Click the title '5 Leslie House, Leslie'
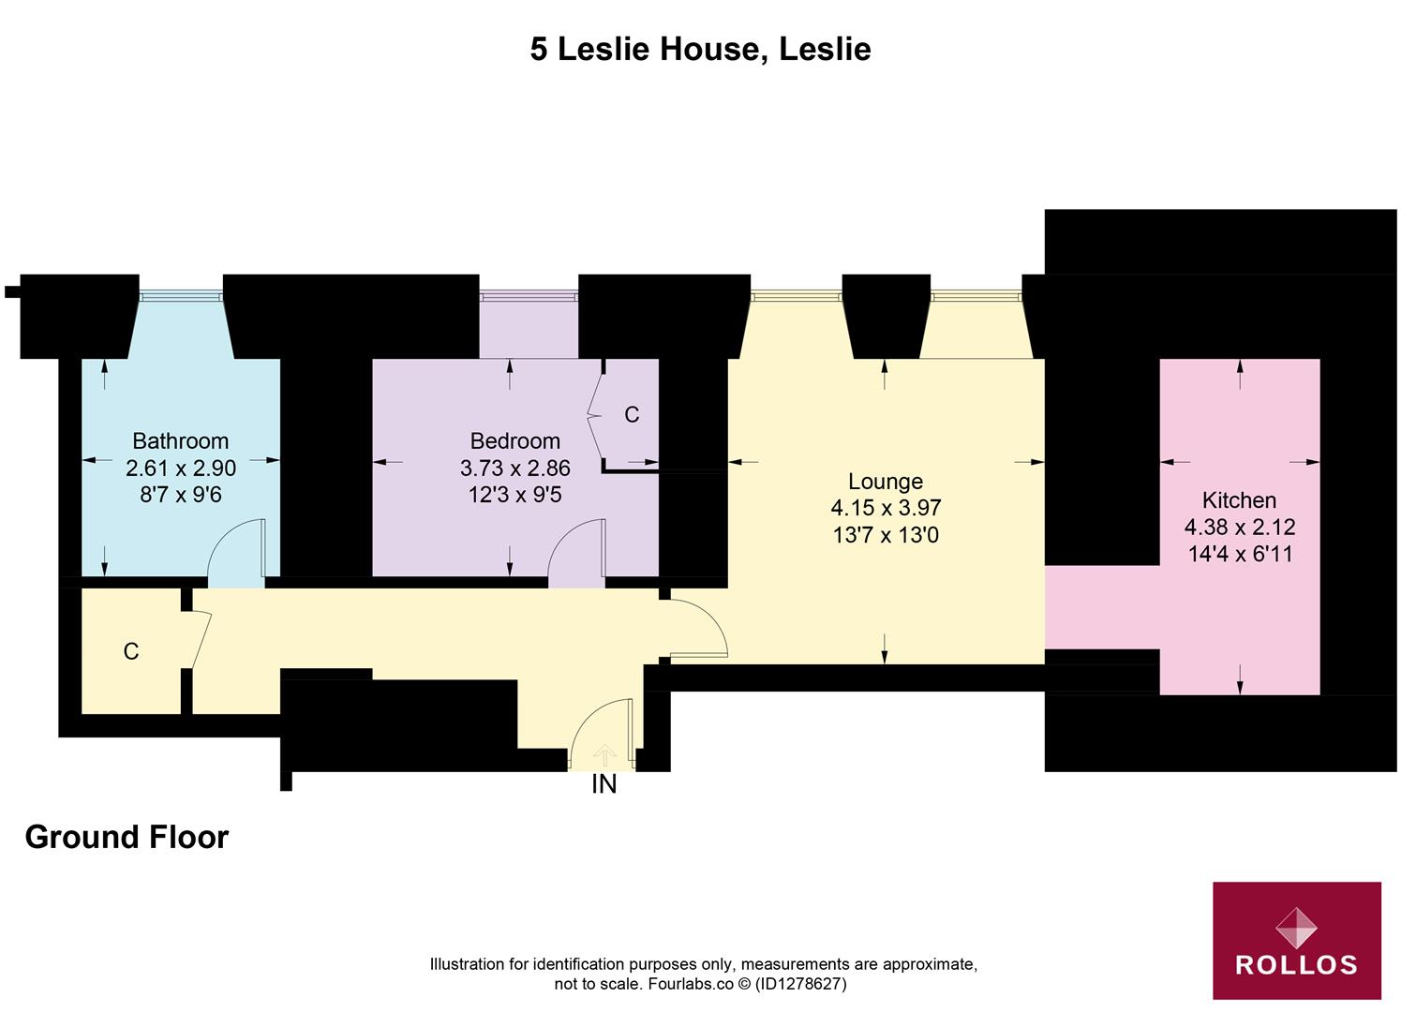coord(700,49)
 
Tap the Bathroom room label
coord(180,440)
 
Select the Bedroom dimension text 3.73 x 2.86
coord(514,468)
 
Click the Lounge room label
coord(885,481)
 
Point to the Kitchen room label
coord(1239,499)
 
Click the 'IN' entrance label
coord(604,784)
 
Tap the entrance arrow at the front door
coord(604,754)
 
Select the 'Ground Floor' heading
coord(127,837)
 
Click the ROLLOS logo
coord(1296,940)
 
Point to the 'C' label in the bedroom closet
coord(632,414)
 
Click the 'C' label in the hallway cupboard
coord(131,651)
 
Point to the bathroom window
coord(181,296)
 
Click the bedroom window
coord(529,296)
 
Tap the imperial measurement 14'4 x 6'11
coord(1240,554)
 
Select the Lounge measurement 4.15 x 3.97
coord(886,508)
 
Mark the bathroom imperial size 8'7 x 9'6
coord(180,494)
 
